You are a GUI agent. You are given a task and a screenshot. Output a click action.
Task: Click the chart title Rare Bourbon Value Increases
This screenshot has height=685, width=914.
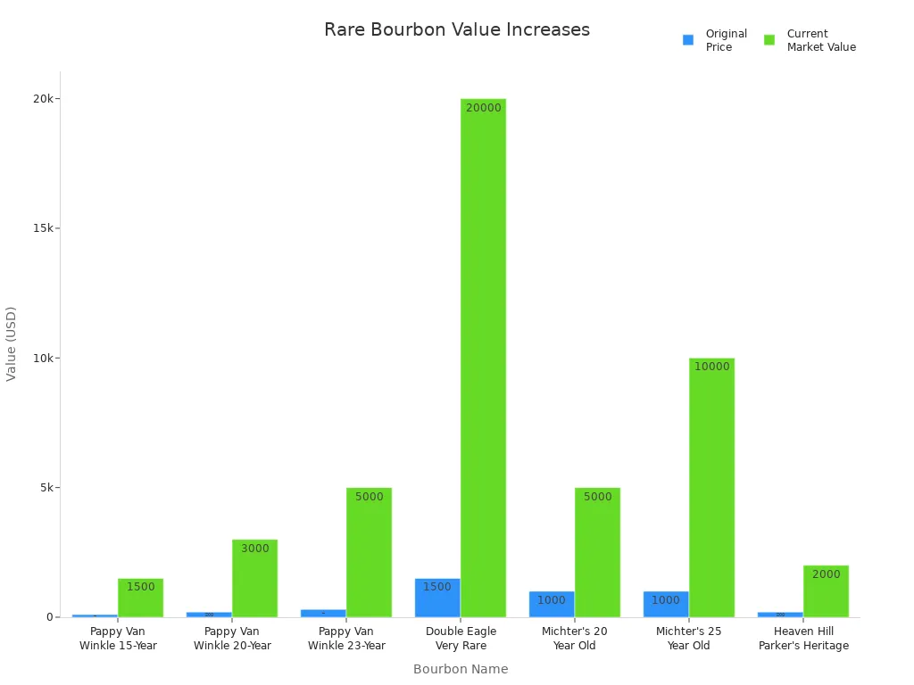click(x=456, y=29)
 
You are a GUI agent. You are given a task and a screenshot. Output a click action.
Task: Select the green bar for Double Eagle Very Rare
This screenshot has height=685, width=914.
click(x=483, y=357)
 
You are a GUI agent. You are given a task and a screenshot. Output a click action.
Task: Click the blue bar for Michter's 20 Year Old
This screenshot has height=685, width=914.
click(x=552, y=604)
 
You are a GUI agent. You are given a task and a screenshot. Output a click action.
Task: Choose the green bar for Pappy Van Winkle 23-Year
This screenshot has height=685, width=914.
click(x=369, y=552)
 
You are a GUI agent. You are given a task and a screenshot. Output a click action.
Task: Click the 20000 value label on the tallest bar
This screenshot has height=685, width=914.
click(x=483, y=108)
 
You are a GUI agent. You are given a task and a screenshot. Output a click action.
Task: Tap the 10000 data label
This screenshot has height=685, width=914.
click(x=711, y=367)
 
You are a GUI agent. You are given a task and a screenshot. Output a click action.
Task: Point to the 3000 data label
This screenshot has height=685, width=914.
click(x=254, y=549)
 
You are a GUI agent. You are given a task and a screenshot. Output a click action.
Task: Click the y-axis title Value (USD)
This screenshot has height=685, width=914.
click(x=12, y=343)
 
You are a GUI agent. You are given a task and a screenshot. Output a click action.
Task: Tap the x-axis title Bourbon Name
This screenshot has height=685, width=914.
click(x=461, y=669)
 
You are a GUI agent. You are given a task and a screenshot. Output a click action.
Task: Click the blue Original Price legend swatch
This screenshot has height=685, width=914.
click(x=688, y=40)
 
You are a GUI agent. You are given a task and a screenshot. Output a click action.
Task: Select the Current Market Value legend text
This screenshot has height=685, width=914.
click(x=820, y=40)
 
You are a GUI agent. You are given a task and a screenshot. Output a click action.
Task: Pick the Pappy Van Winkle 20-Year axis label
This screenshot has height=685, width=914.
click(x=232, y=639)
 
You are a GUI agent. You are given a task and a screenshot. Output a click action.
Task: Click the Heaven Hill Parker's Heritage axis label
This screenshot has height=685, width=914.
click(x=803, y=639)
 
